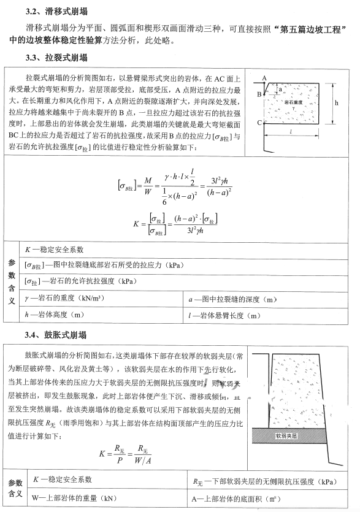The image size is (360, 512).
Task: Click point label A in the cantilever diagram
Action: point(264,78)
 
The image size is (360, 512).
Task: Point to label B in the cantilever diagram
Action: point(259,94)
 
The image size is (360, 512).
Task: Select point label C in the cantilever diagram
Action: point(259,123)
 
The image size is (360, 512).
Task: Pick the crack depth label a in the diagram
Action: point(280,90)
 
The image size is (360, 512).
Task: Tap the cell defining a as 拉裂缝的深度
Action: point(233,299)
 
